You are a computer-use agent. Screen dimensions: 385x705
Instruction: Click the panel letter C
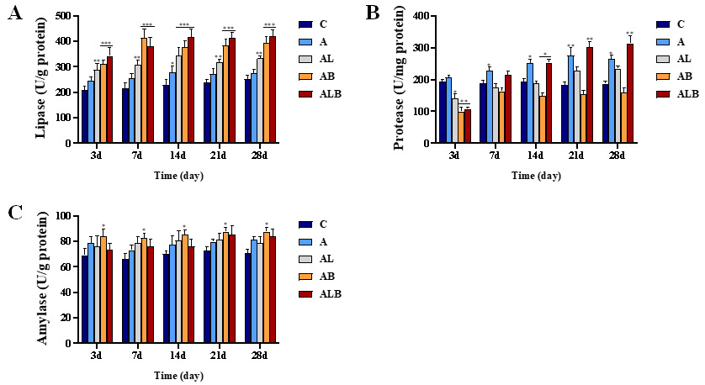click(x=14, y=212)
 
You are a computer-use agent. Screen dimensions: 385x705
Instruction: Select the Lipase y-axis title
click(x=40, y=79)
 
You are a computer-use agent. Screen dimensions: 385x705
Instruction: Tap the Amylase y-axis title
click(x=40, y=279)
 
